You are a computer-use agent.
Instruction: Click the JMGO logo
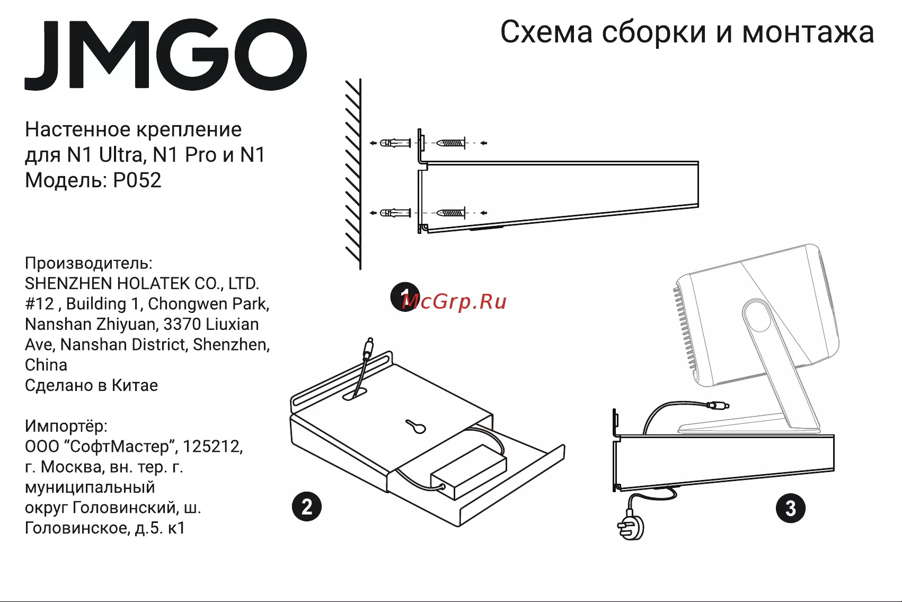tap(165, 54)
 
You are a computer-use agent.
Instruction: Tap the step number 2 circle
tap(307, 507)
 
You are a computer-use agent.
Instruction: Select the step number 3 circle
tap(791, 508)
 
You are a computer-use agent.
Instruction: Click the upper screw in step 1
tap(451, 143)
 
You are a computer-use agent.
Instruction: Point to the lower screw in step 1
tap(451, 213)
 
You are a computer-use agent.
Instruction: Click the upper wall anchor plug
tap(395, 143)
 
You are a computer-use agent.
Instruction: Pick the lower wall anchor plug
tap(395, 213)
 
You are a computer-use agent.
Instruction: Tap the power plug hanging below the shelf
tap(631, 526)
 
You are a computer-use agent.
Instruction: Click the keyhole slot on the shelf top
tap(416, 426)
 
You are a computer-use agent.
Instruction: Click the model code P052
tap(137, 180)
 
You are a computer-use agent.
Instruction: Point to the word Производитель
tap(89, 263)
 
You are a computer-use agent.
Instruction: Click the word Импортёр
tap(66, 426)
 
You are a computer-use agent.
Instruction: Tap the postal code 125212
tap(213, 447)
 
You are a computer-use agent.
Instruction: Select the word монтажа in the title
tap(808, 32)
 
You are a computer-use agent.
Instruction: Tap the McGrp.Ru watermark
tap(454, 301)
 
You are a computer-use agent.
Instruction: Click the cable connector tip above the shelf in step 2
tap(368, 348)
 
